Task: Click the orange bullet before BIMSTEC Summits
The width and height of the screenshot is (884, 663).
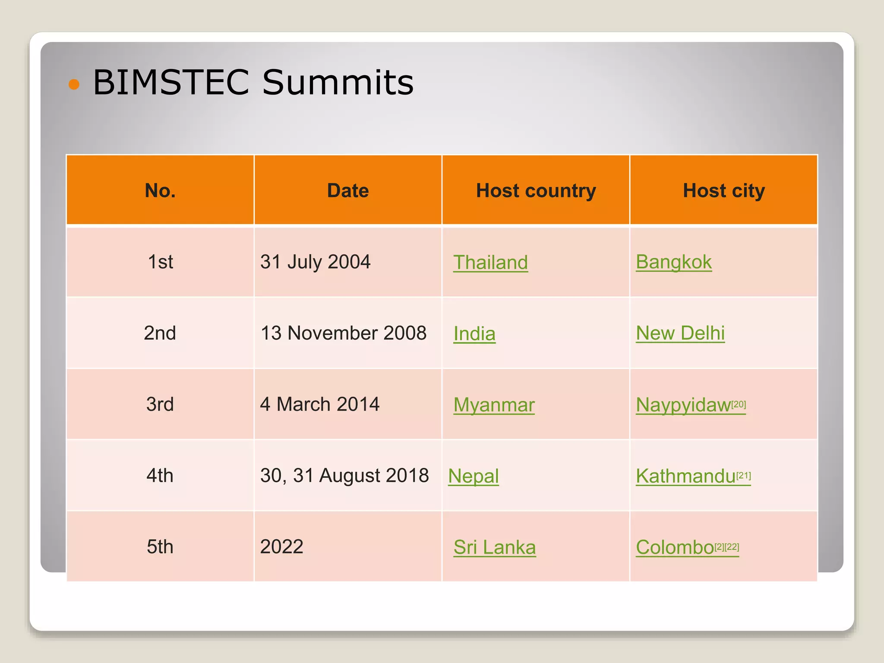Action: [74, 84]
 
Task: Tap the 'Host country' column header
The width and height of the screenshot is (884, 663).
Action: [536, 190]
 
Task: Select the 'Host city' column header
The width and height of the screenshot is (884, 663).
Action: [724, 190]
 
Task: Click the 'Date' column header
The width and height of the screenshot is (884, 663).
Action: [348, 190]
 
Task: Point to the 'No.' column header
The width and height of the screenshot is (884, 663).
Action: [160, 190]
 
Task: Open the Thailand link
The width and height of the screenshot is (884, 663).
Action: [490, 262]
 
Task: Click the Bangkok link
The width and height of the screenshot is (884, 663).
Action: [673, 262]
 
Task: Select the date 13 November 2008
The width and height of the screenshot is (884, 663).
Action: [344, 333]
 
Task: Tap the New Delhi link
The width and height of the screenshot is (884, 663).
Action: [680, 333]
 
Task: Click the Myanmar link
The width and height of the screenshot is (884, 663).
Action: [494, 405]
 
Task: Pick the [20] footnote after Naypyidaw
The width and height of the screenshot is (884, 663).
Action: [739, 404]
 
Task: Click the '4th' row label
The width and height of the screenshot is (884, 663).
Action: [160, 476]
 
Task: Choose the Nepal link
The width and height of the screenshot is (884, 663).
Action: [474, 476]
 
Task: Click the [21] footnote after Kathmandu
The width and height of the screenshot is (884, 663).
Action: [744, 475]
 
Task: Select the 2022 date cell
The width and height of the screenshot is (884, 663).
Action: [282, 547]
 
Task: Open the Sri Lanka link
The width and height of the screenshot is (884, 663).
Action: [495, 547]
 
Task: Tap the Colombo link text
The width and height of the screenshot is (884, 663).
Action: [675, 547]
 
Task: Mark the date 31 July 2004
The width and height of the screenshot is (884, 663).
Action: [315, 262]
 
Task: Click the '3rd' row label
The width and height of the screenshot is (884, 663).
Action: [160, 404]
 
